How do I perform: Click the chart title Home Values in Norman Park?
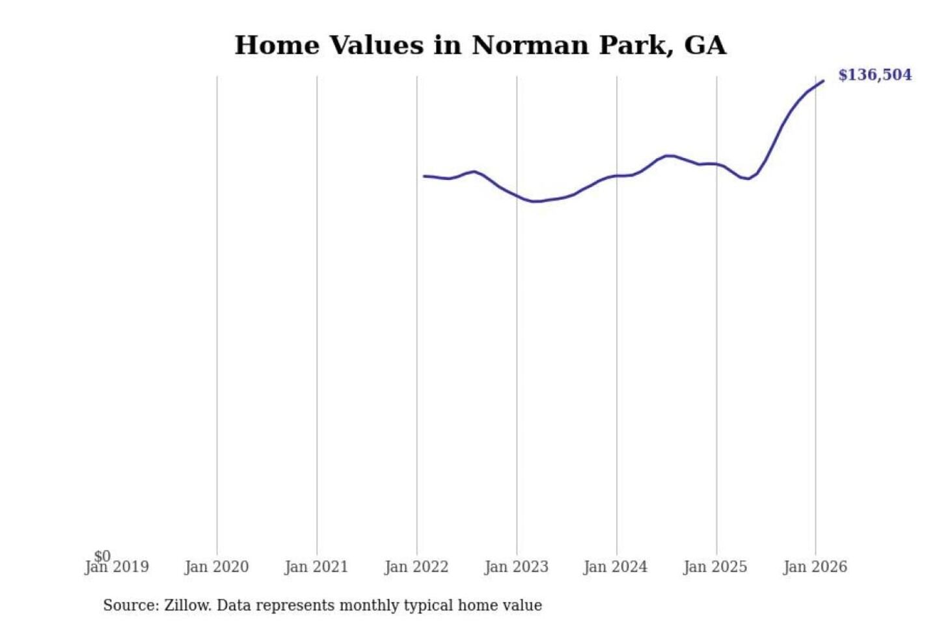pyautogui.click(x=480, y=45)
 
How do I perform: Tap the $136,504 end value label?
pyautogui.click(x=875, y=75)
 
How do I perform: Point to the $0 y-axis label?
pyautogui.click(x=103, y=556)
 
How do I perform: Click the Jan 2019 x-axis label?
pyautogui.click(x=117, y=567)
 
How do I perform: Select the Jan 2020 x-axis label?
pyautogui.click(x=217, y=567)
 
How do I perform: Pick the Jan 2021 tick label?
pyautogui.click(x=317, y=567)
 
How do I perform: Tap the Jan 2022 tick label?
pyautogui.click(x=416, y=567)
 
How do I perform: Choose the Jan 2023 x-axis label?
pyautogui.click(x=517, y=567)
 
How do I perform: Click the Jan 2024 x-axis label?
pyautogui.click(x=616, y=567)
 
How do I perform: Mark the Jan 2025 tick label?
pyautogui.click(x=716, y=567)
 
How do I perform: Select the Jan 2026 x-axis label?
pyautogui.click(x=815, y=567)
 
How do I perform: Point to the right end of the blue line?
pyautogui.click(x=824, y=81)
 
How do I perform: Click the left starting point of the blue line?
pyautogui.click(x=424, y=176)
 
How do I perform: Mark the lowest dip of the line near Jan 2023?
pyautogui.click(x=535, y=201)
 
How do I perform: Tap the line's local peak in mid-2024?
pyautogui.click(x=670, y=155)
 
